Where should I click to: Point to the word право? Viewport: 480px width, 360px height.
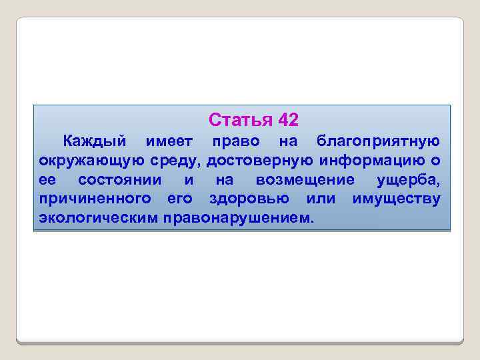[x=231, y=141]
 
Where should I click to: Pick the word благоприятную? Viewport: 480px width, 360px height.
[x=377, y=141]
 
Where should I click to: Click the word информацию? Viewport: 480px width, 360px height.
[x=375, y=161]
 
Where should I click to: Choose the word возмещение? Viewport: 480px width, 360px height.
[x=305, y=180]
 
